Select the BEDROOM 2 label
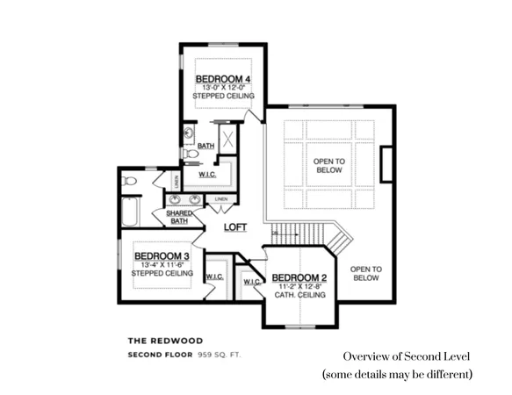click(299, 277)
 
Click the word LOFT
click(235, 227)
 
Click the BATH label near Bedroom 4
click(206, 146)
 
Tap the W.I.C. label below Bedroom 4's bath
click(208, 174)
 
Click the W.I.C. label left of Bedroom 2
click(250, 283)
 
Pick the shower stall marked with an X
click(227, 139)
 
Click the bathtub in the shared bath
click(129, 214)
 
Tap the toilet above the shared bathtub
click(130, 181)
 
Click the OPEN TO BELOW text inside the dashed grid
click(329, 167)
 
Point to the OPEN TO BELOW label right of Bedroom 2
click(365, 274)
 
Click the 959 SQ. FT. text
click(219, 355)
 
